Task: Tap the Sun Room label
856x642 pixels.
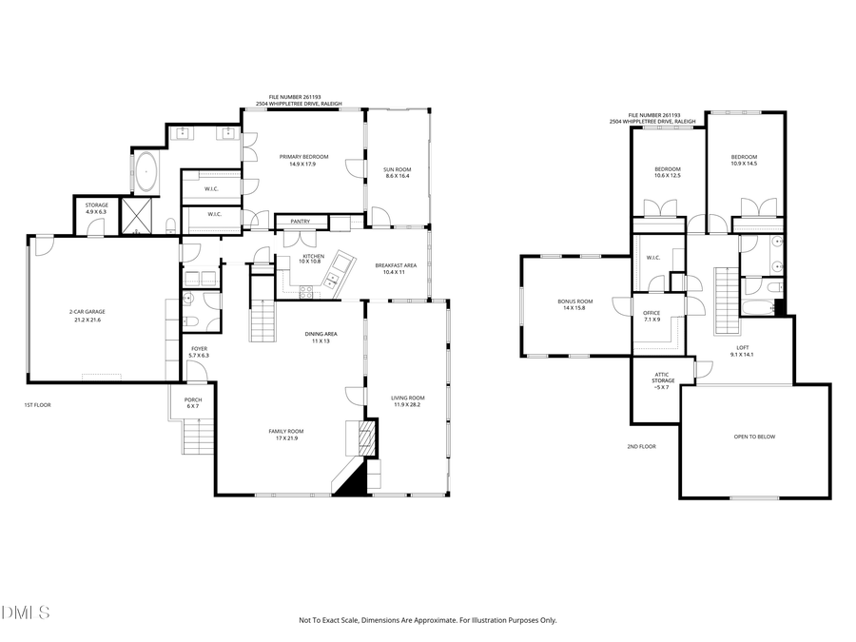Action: [398, 171]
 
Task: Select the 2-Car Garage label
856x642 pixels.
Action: [85, 316]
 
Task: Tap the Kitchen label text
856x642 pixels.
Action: [313, 257]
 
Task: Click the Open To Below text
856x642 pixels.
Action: [754, 437]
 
